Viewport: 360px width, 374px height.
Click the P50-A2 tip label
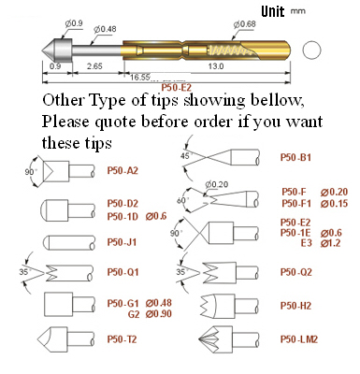coord(122,171)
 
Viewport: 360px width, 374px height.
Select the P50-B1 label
coord(295,157)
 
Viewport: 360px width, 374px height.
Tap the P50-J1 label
coord(122,242)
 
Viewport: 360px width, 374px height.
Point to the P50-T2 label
coord(122,339)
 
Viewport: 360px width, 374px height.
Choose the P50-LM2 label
coord(299,339)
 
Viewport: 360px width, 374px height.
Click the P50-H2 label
coord(295,306)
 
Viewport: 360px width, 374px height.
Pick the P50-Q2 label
coord(296,272)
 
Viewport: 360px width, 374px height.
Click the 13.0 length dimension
coord(216,66)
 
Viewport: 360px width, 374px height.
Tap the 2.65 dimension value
coord(94,66)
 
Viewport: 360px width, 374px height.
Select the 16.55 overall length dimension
coord(140,77)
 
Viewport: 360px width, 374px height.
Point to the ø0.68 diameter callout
coord(245,24)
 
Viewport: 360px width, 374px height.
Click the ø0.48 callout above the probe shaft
coord(105,29)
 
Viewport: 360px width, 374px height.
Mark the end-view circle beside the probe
coord(311,50)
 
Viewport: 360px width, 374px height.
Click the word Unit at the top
coord(273,11)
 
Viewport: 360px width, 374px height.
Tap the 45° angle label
coord(186,156)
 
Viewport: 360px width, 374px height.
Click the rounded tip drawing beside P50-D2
coord(54,210)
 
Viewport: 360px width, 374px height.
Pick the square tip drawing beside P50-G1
coord(59,305)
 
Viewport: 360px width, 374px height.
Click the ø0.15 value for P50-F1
coord(334,204)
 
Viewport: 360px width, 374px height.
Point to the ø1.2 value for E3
coord(330,243)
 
